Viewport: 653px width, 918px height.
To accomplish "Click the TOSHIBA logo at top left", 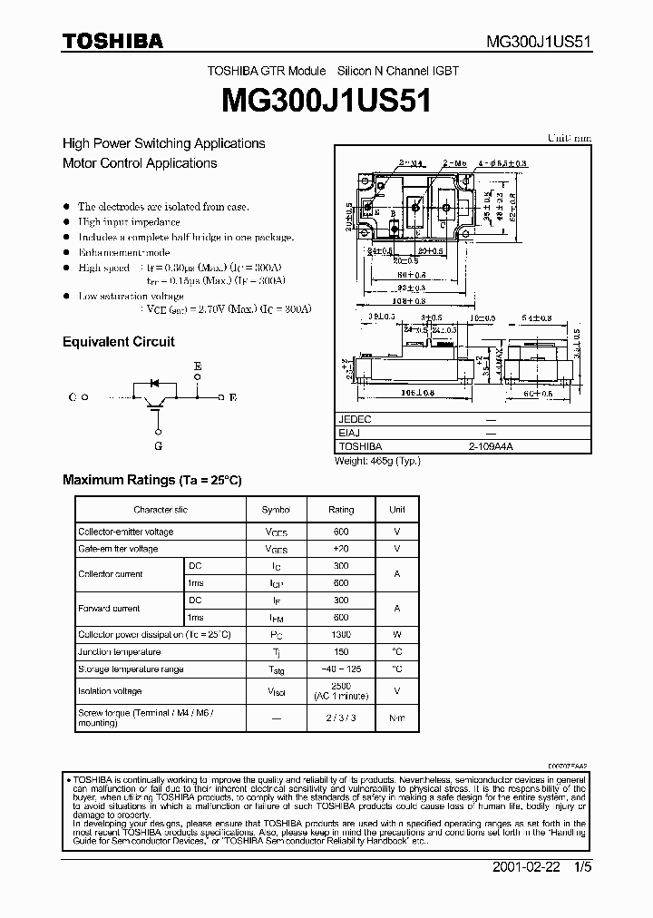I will [x=112, y=40].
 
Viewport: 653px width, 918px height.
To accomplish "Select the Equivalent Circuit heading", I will [x=118, y=342].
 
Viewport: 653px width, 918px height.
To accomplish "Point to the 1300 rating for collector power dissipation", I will [x=341, y=635].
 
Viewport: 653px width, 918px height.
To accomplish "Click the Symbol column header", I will [x=276, y=510].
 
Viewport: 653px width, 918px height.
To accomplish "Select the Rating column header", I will [x=341, y=510].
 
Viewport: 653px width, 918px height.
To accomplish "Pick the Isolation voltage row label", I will [x=110, y=691].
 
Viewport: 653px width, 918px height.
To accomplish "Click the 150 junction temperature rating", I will [x=341, y=652].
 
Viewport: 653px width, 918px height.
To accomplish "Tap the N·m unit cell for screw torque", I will [x=396, y=718].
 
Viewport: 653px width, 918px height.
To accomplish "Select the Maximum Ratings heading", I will [x=151, y=480].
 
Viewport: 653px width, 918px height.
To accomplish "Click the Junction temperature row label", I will [x=119, y=652].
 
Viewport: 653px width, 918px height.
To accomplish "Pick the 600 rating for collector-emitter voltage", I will [x=341, y=532].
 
